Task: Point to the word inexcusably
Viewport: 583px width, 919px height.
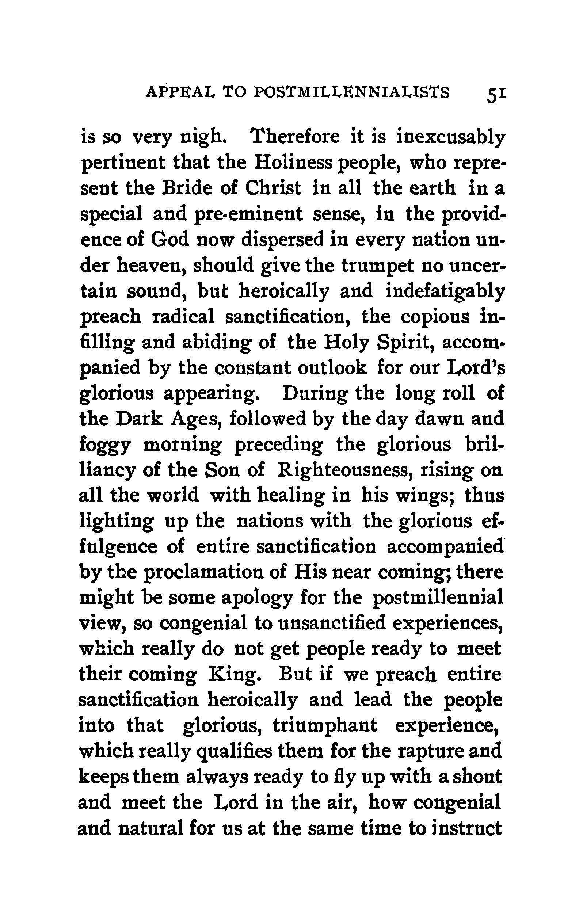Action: [450, 138]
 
